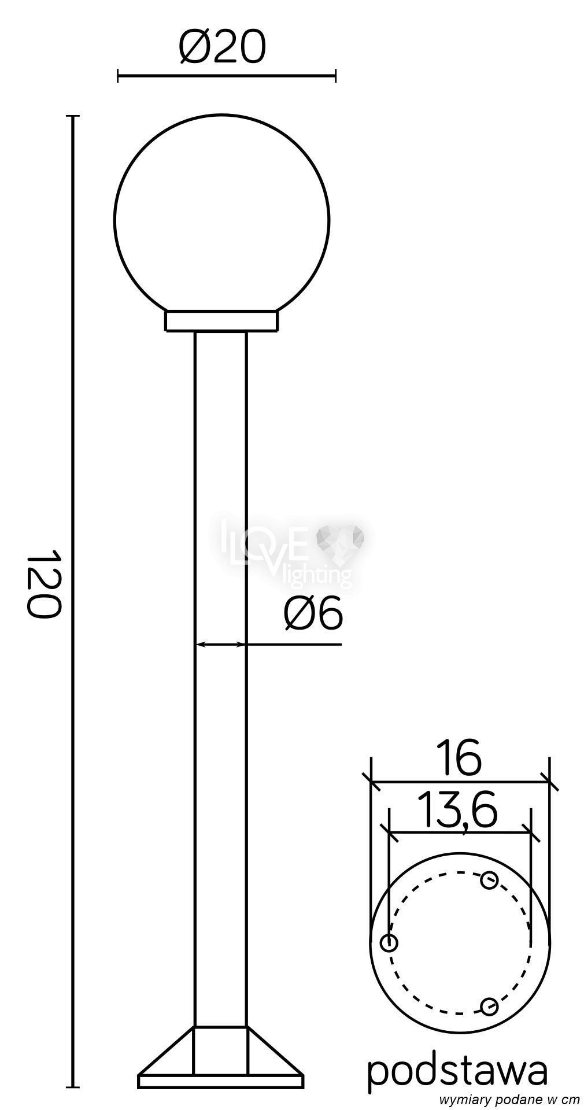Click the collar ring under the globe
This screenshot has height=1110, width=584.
[222, 321]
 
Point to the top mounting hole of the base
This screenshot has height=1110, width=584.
[489, 881]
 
